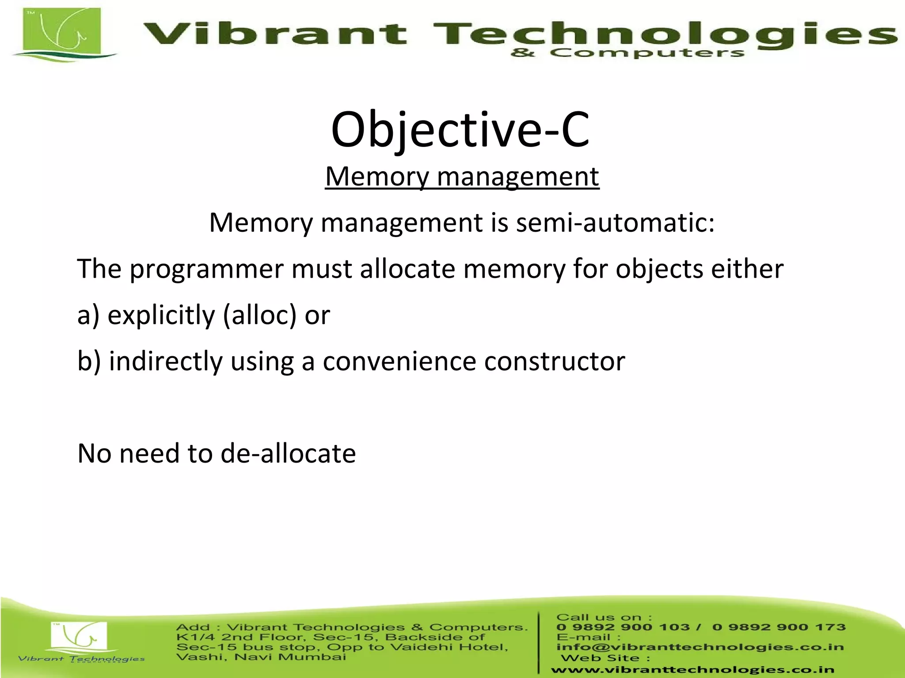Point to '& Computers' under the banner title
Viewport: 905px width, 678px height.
627,53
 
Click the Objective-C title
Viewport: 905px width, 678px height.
460,130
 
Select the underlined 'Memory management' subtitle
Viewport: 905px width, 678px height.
462,177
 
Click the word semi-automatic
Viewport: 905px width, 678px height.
615,222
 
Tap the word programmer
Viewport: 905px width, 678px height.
206,269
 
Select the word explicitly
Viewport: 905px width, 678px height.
161,315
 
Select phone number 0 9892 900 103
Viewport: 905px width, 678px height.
623,627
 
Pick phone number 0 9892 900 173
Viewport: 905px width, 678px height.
779,627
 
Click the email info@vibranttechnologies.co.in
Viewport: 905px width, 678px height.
700,647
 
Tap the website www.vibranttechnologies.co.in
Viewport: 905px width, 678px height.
692,670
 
